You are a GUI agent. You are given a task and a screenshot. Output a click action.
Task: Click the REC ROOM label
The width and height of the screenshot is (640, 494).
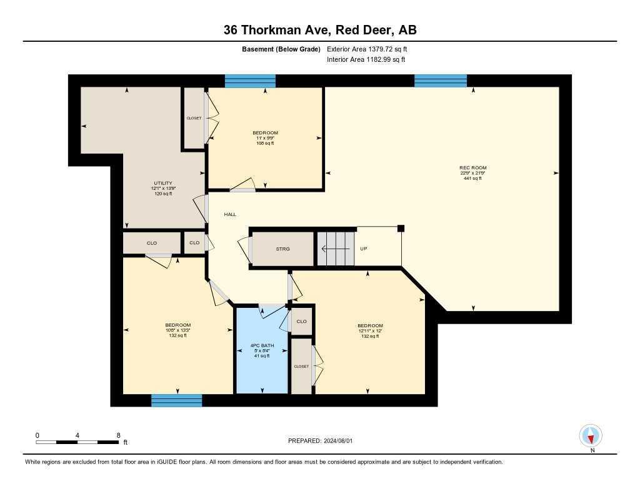coord(472,167)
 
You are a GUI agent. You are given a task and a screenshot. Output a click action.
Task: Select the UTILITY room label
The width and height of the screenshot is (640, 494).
coord(162,182)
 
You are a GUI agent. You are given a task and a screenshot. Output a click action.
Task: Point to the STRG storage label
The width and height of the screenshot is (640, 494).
coord(282,249)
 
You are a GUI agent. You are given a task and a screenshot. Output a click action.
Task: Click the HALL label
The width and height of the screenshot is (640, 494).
coord(230,214)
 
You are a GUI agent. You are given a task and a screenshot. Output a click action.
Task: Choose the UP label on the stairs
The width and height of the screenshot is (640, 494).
coord(363,249)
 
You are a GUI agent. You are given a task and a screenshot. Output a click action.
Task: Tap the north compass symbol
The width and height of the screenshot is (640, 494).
coord(591,435)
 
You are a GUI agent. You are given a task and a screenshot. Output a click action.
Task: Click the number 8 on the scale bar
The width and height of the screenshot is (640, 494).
coord(118,435)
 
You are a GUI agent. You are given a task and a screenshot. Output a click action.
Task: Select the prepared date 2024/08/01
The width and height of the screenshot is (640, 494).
coord(337,441)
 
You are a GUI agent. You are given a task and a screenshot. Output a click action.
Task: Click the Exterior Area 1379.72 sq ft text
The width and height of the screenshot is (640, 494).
coord(367,49)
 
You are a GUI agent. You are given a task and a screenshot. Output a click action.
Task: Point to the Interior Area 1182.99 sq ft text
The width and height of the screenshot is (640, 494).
coord(366,60)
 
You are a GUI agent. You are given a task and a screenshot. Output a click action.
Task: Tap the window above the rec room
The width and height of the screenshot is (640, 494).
coord(441,81)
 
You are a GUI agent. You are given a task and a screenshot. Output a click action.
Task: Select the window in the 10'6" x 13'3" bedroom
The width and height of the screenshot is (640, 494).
coord(176,400)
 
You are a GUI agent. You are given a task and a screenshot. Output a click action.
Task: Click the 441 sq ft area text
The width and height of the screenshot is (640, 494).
coord(472,179)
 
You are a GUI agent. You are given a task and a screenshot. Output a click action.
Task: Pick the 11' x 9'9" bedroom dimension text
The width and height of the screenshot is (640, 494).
coord(265,138)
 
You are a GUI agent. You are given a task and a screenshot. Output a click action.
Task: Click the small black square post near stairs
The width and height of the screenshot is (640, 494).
coord(401,229)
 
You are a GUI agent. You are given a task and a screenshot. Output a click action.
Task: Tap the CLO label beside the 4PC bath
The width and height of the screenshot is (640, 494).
coord(301,322)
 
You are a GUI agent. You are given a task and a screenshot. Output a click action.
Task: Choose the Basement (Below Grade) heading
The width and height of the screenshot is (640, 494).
coord(281,49)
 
